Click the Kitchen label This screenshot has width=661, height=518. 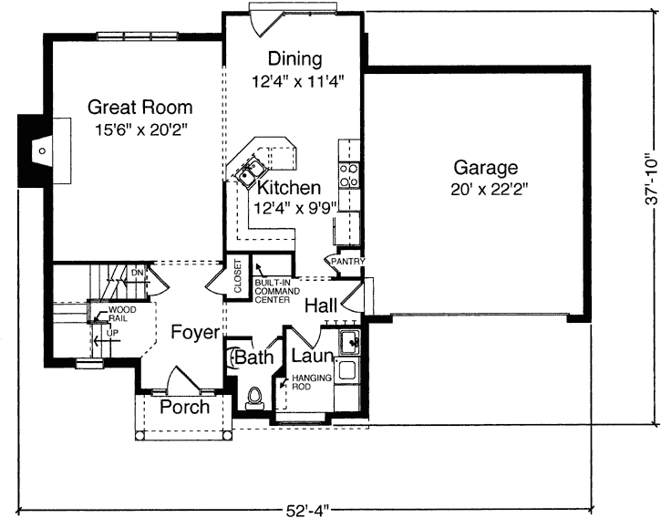click(288, 188)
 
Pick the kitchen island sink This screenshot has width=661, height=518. click(249, 171)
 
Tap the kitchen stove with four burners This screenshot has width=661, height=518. click(349, 169)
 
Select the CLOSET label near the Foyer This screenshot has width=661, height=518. click(237, 276)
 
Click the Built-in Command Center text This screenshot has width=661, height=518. click(273, 291)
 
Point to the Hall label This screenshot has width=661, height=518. click(322, 305)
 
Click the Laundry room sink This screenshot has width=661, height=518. click(347, 343)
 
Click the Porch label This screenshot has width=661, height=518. click(184, 407)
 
